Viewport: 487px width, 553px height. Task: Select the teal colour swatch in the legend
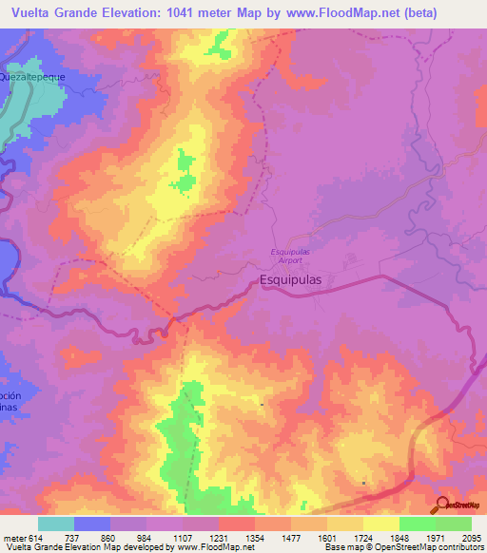pos(56,524)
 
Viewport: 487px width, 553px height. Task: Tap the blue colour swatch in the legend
pos(92,524)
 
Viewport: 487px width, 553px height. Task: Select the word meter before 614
pos(11,538)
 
